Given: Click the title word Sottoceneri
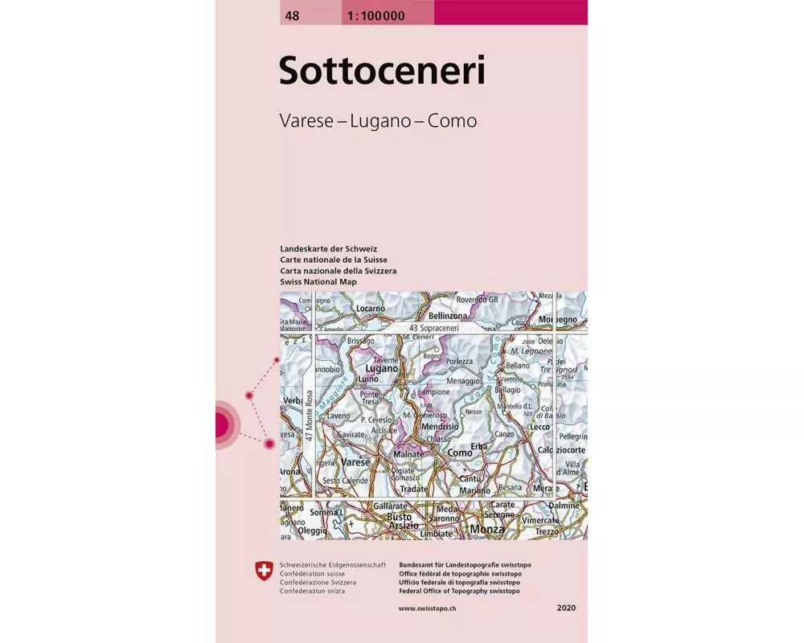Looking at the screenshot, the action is coord(382,71).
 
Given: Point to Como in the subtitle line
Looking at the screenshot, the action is coord(453,121).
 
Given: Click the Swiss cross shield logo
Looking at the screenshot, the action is coord(263,572).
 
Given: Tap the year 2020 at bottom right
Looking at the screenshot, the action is coord(566,609).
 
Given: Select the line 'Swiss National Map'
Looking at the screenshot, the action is coord(318,282).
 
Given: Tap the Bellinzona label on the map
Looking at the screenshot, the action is coord(449,317).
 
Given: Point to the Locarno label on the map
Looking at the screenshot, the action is coord(371,309).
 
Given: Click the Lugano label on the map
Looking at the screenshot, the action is coord(382,368).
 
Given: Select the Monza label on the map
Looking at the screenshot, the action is coord(487,530).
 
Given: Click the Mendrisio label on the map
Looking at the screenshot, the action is coord(440,426).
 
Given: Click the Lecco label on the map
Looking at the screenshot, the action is coord(539,427).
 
